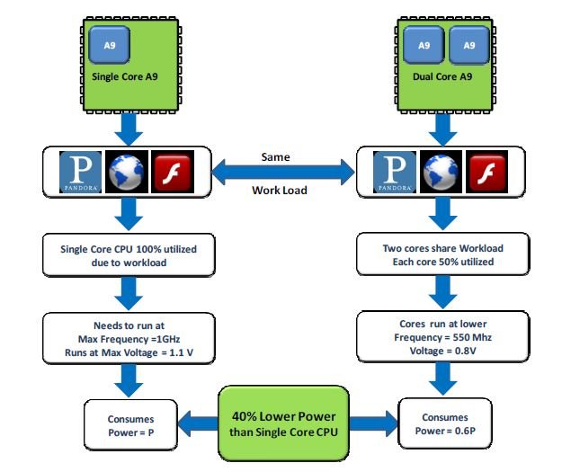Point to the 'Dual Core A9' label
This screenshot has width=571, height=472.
coord(442,76)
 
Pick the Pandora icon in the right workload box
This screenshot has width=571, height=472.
coord(394,172)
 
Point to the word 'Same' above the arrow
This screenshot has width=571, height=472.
coord(275,156)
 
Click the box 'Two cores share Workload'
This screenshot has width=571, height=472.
coord(442,254)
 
